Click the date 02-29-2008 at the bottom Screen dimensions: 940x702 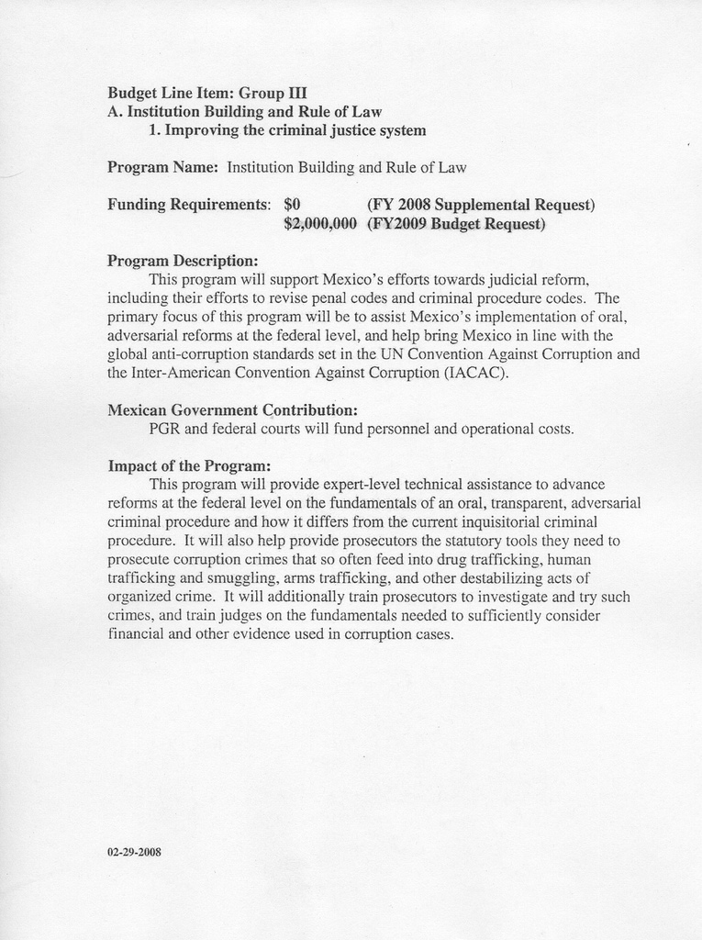tap(134, 852)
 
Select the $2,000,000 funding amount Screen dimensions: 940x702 tap(319, 224)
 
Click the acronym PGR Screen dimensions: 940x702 tap(164, 429)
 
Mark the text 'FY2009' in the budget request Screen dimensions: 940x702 tap(398, 224)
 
